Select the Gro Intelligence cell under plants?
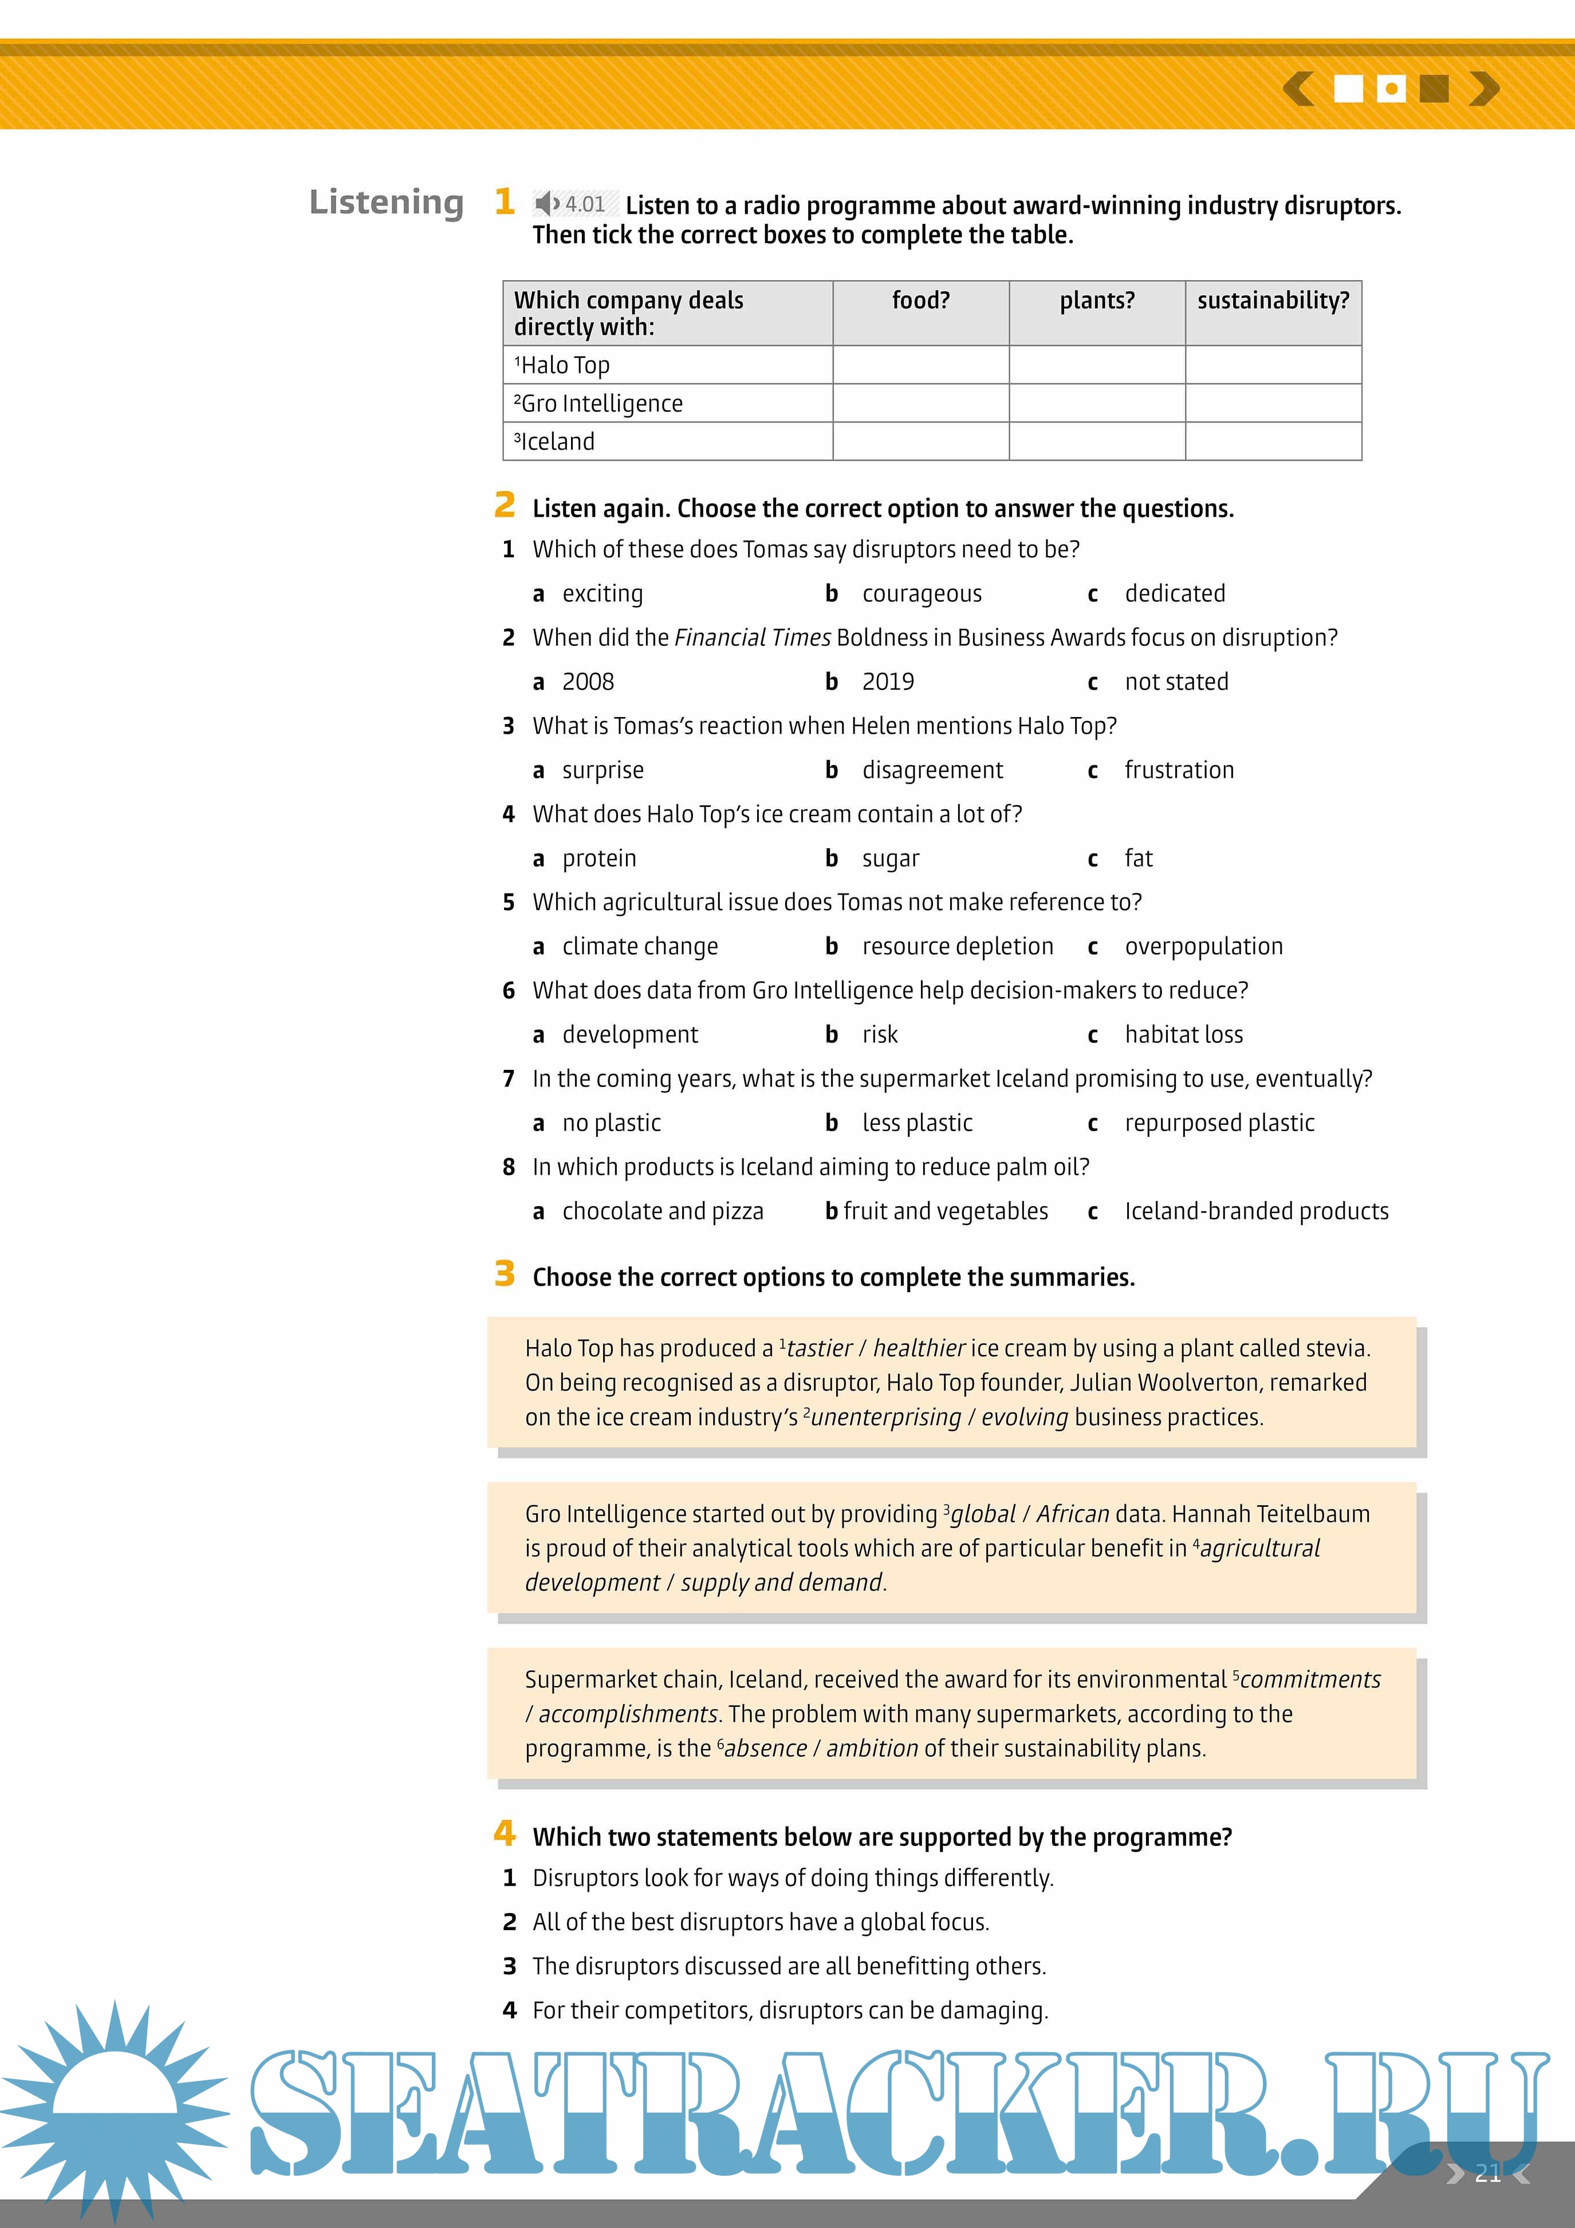click(1097, 403)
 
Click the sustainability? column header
click(1273, 301)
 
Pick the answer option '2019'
click(887, 682)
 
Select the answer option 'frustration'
click(1179, 770)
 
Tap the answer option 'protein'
click(598, 859)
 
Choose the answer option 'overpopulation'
click(1203, 947)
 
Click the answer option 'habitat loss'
click(1183, 1036)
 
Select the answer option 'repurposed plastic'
click(1219, 1124)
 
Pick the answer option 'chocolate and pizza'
click(662, 1212)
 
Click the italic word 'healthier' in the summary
click(919, 1349)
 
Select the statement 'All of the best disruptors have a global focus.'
click(760, 1922)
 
